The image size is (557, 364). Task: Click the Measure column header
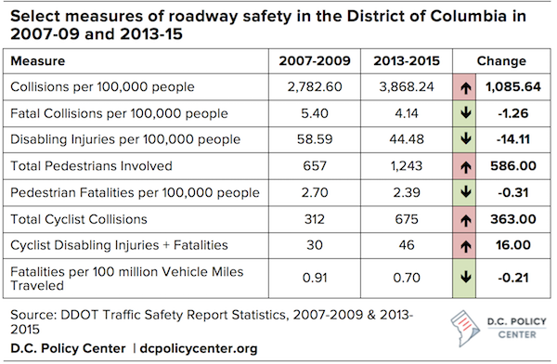click(37, 61)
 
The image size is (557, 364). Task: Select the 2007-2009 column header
click(314, 61)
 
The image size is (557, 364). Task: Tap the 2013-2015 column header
click(405, 61)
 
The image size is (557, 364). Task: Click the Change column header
click(500, 61)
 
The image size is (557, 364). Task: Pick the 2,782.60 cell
click(315, 86)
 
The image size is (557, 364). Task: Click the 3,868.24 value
click(405, 86)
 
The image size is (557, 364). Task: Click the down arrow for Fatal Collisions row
click(464, 112)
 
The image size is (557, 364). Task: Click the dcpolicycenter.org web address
click(199, 348)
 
